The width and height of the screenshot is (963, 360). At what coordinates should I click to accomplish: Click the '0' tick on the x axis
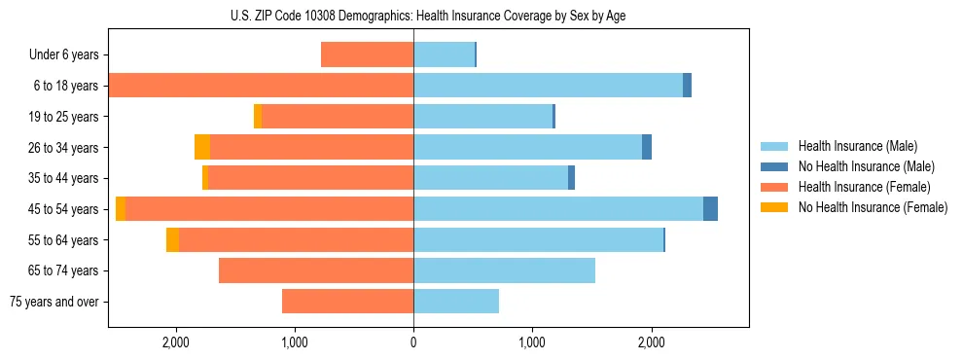413,342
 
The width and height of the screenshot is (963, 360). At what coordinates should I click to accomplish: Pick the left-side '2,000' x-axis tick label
176,342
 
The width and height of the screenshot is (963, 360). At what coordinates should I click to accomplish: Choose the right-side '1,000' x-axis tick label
532,342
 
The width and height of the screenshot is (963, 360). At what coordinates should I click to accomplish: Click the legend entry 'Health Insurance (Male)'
857,146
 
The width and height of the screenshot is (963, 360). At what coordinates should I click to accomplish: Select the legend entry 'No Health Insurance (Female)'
873,207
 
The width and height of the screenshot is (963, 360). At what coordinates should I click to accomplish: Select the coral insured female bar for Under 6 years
367,55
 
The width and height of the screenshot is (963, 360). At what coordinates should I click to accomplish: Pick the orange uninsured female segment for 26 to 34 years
202,147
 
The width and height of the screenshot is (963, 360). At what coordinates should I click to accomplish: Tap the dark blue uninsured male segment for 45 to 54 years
710,209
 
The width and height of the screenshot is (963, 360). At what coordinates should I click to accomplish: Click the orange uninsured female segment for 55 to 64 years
172,239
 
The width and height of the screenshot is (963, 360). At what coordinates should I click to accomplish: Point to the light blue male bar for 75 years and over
456,302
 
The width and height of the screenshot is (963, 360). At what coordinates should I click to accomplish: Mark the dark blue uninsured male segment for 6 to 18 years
687,86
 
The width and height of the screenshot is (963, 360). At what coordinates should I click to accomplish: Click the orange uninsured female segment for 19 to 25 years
258,117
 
